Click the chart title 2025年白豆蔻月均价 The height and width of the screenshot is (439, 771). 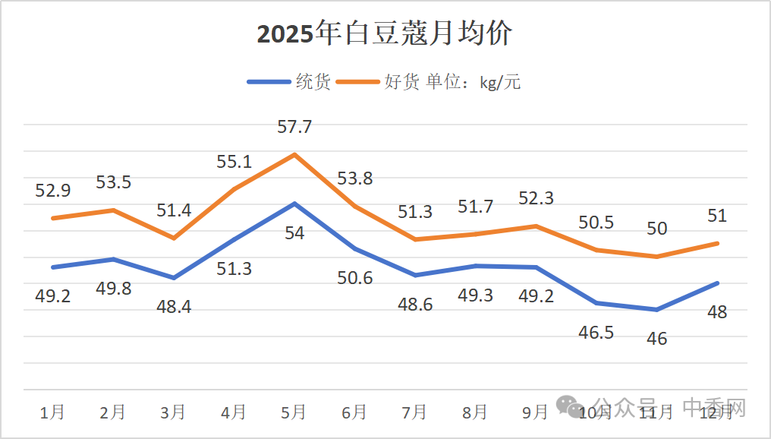click(x=385, y=34)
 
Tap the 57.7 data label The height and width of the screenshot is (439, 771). click(x=294, y=127)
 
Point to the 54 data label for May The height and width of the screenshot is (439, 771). click(x=294, y=233)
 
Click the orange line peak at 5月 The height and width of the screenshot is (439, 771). click(x=294, y=154)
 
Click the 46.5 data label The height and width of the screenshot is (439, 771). click(x=596, y=332)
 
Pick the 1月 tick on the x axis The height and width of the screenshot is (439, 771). click(x=52, y=412)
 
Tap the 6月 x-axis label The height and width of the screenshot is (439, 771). click(x=354, y=412)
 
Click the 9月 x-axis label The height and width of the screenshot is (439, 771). click(x=535, y=412)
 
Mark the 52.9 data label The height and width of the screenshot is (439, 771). click(x=52, y=190)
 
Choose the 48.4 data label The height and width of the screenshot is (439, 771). click(x=174, y=307)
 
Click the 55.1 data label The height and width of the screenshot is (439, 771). click(x=234, y=161)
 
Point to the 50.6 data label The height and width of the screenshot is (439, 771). click(x=354, y=277)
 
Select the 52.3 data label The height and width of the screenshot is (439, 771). click(x=535, y=198)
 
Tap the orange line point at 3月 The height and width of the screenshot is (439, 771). click(x=174, y=238)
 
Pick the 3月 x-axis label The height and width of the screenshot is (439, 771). click(x=174, y=412)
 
